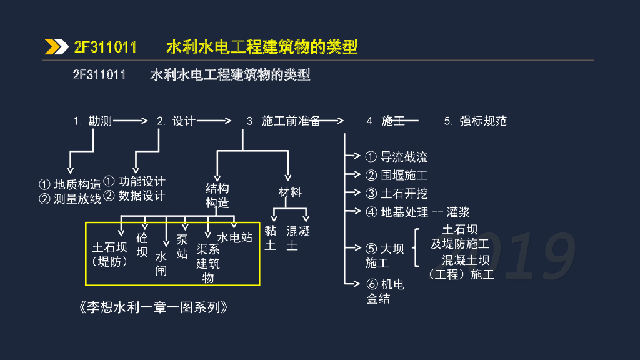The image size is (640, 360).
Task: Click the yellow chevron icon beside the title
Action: click(56, 47)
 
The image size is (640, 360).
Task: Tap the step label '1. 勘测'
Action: click(92, 121)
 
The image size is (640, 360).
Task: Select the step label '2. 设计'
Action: click(176, 121)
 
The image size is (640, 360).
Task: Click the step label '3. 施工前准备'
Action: click(283, 121)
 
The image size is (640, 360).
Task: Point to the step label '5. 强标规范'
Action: click(475, 121)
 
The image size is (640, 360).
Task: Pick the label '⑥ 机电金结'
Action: click(385, 291)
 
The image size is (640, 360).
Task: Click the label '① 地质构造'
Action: click(70, 184)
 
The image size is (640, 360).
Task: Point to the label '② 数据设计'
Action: click(134, 196)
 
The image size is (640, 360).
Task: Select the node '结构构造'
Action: click(217, 196)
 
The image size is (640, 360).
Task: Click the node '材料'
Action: click(290, 192)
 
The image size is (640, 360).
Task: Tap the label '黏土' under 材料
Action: click(270, 238)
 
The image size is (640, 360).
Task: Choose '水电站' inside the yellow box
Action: click(235, 237)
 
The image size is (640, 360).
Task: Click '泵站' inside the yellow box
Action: click(182, 246)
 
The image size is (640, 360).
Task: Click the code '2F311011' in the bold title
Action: click(105, 47)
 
